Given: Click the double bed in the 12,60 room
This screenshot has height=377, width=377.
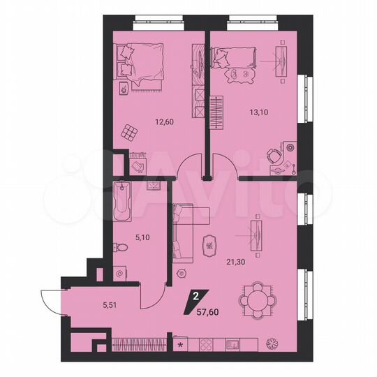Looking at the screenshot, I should (x=139, y=60).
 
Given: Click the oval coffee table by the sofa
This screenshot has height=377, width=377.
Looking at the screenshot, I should (x=209, y=245).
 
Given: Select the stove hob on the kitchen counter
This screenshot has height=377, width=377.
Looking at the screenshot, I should (x=206, y=344).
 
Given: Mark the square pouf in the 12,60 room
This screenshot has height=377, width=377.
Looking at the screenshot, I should (x=129, y=131).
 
